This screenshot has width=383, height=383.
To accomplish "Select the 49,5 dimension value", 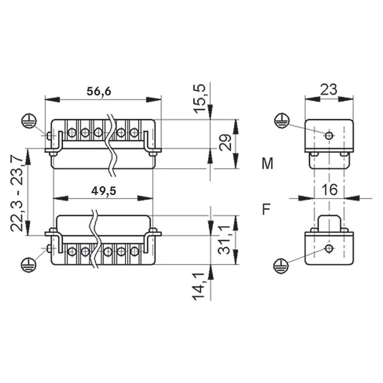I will pyautogui.click(x=104, y=190).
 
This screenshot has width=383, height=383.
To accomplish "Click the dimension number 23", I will pyautogui.click(x=328, y=89).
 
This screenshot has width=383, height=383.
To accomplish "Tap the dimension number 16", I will pyautogui.click(x=329, y=189).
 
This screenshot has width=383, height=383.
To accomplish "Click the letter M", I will pyautogui.click(x=267, y=164).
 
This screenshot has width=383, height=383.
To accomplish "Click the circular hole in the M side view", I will pyautogui.click(x=329, y=135).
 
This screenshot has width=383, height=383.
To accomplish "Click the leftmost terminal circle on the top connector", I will pyautogui.click(x=72, y=133).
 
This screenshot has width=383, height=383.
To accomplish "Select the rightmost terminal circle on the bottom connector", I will pyautogui.click(x=134, y=252).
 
